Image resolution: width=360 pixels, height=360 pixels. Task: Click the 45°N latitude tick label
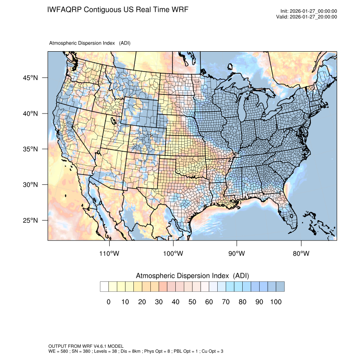point(30,78)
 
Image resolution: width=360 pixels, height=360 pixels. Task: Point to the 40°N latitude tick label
point(30,114)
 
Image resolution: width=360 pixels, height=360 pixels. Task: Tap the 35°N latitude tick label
point(30,149)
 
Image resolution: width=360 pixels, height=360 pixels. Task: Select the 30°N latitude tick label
point(30,185)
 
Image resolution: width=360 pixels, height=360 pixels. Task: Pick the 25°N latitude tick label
point(30,220)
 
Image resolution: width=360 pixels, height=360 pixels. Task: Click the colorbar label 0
point(108,302)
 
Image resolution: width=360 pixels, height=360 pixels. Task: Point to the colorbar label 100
point(275,302)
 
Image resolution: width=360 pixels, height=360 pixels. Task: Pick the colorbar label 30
point(159,302)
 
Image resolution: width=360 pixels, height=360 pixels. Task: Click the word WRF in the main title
point(178,9)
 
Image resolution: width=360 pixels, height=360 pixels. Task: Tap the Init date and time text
point(309,11)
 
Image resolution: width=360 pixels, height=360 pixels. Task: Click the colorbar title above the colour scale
point(192,276)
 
